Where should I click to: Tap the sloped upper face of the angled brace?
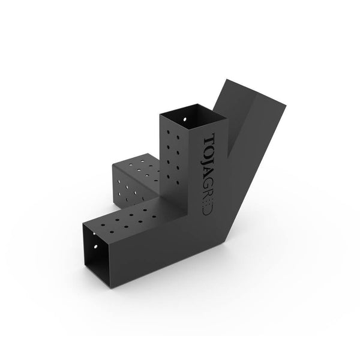coord(240,120)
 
